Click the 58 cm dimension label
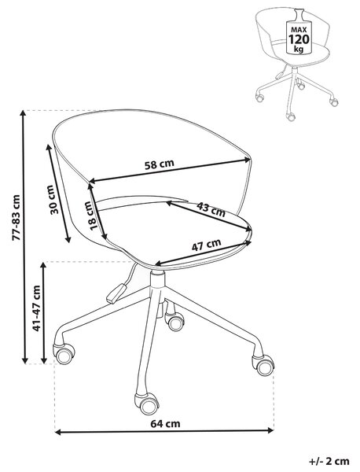(x=159, y=164)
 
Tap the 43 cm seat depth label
(x=211, y=209)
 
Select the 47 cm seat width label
(x=206, y=245)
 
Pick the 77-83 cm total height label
(x=16, y=217)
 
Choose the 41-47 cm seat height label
(x=36, y=308)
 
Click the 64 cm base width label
(x=165, y=423)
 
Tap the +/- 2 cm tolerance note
(x=329, y=461)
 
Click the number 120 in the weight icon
(x=299, y=39)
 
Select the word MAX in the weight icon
(x=299, y=30)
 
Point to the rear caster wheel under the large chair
(x=174, y=321)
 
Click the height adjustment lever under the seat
(x=116, y=293)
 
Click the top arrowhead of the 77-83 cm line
(x=23, y=114)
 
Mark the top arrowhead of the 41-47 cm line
(x=44, y=266)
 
